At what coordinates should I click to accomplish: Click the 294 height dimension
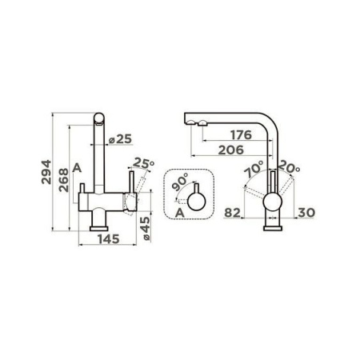(x=46, y=172)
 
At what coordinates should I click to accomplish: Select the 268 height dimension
(x=64, y=180)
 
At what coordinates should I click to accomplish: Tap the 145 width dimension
(x=109, y=239)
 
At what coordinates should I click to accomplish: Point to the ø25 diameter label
(x=121, y=139)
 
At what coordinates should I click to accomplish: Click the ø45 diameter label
(x=146, y=229)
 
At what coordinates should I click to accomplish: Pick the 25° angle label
(x=143, y=163)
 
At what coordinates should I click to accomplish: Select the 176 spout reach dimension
(x=241, y=135)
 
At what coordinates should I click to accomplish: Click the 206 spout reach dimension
(x=231, y=150)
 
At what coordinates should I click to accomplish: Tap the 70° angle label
(x=254, y=169)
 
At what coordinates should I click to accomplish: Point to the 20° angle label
(x=290, y=166)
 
